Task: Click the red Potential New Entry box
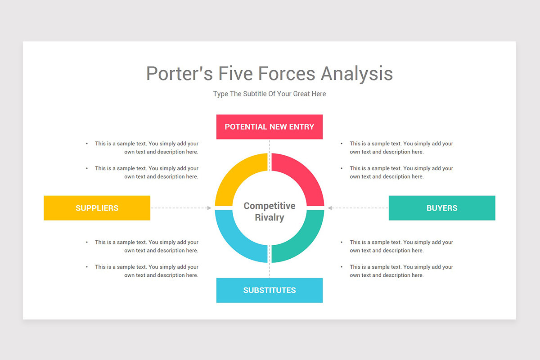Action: [x=269, y=127]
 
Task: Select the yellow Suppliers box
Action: [x=97, y=208]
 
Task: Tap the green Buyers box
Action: [x=441, y=208]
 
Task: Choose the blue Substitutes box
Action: [x=269, y=290]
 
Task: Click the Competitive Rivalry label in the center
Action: [x=269, y=211]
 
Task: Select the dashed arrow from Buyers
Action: [x=358, y=208]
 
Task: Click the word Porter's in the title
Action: [x=180, y=73]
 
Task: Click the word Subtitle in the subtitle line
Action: [x=255, y=94]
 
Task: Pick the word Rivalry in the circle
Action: [x=269, y=218]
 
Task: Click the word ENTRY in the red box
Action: [x=302, y=127]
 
